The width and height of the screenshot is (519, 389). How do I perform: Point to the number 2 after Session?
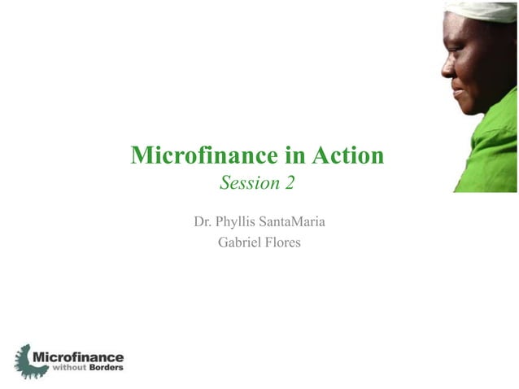[x=290, y=185]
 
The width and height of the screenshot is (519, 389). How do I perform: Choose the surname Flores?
[x=282, y=242]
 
